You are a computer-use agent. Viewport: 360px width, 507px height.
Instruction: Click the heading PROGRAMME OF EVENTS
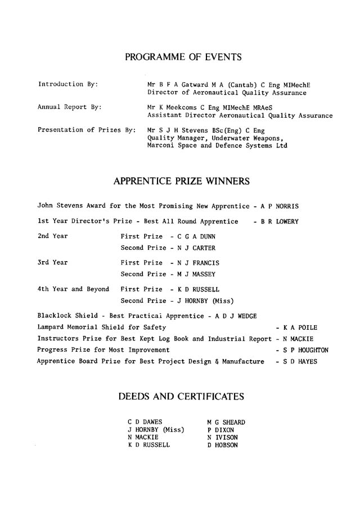pos(183,57)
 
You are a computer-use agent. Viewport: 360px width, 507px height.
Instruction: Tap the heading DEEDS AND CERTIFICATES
pos(181,397)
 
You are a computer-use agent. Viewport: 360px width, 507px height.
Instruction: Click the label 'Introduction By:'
pos(68,84)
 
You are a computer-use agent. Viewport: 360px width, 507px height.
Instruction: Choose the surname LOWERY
pos(287,222)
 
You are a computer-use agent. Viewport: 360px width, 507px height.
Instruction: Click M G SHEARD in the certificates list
pos(226,422)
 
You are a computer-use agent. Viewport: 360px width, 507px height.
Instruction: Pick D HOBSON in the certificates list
pos(223,445)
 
